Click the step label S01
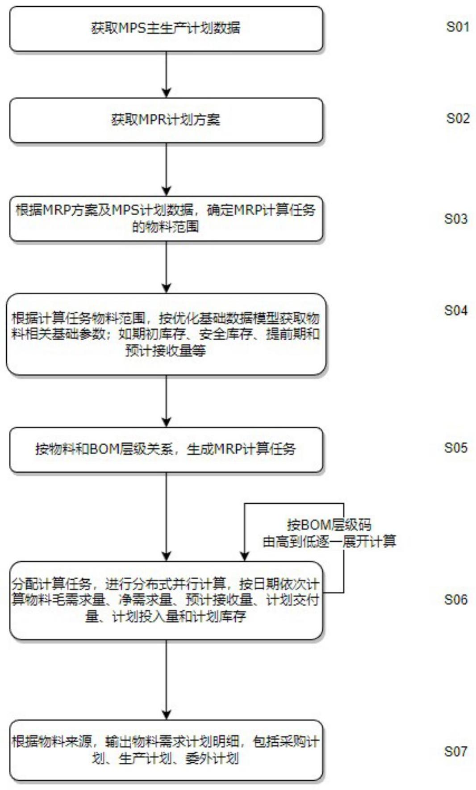tap(458, 27)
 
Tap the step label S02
tap(458, 118)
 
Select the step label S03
tap(455, 219)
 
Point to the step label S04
tap(455, 310)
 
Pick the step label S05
tap(455, 448)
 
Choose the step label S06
tap(455, 599)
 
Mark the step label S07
tap(455, 751)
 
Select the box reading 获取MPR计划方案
tap(166, 120)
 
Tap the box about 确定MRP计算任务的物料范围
tap(166, 218)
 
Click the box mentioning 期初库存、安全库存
tap(166, 334)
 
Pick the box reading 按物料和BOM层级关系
tap(166, 449)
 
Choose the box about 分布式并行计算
tap(166, 600)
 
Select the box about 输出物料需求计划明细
tap(166, 750)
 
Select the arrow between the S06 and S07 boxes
tap(167, 679)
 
